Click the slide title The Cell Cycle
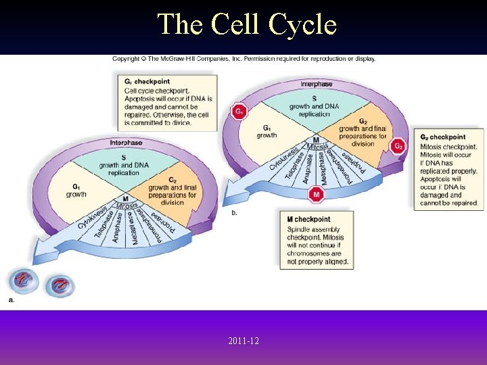(247, 24)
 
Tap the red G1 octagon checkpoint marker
(239, 111)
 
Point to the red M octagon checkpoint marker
(316, 195)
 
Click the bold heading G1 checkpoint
(147, 82)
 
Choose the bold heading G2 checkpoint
(442, 137)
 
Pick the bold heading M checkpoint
(308, 219)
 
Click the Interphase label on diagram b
(317, 84)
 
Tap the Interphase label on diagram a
(126, 143)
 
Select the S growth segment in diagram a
(123, 166)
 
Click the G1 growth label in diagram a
(76, 190)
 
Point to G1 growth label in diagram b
(266, 131)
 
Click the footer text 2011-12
(243, 341)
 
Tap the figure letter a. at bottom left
(11, 299)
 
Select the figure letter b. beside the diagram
(234, 213)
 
